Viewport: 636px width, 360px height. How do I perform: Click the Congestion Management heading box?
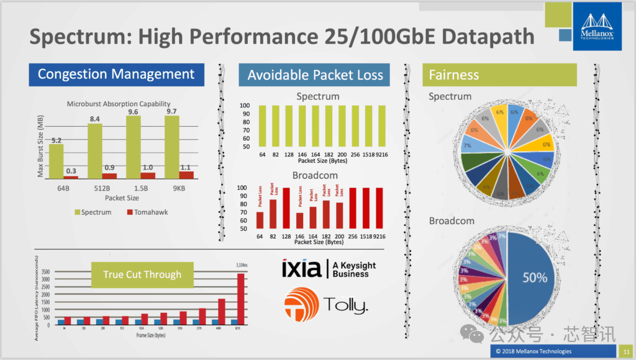click(x=116, y=74)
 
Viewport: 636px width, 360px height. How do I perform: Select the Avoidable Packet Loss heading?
click(x=315, y=75)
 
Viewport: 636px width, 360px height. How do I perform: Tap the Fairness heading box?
click(x=499, y=75)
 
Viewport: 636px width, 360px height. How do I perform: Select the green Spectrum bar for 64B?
click(x=57, y=161)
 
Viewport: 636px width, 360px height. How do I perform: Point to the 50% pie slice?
click(x=534, y=277)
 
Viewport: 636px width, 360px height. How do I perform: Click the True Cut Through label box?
click(x=142, y=274)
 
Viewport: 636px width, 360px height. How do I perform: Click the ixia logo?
click(x=301, y=269)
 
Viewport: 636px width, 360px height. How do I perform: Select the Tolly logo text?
click(x=345, y=305)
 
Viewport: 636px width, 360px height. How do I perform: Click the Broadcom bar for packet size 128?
click(x=286, y=208)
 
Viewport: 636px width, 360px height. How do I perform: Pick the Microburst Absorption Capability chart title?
click(x=119, y=104)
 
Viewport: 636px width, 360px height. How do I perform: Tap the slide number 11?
click(x=626, y=351)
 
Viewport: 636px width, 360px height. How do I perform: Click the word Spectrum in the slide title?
click(x=79, y=37)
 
